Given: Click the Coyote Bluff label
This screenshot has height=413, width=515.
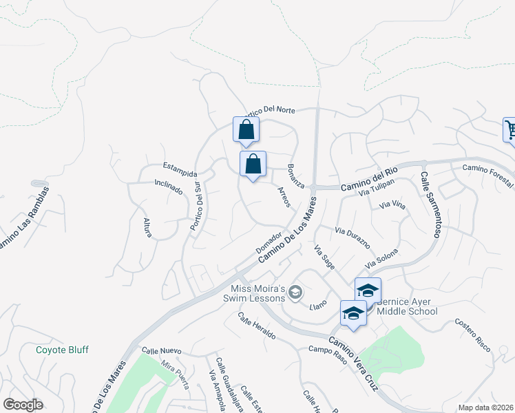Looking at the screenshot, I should (62, 350).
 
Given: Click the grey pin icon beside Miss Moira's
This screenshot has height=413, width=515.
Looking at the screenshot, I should (295, 293).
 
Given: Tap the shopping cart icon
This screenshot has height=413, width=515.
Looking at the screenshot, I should (510, 129).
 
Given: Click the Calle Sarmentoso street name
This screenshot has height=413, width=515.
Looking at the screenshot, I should (430, 205).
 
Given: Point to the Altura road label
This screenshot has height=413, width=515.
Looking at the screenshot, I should (147, 227).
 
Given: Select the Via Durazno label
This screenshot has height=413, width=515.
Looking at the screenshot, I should (353, 237).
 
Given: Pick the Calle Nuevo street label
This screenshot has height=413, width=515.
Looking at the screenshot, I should (161, 351).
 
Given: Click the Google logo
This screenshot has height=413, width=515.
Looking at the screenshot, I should (23, 405).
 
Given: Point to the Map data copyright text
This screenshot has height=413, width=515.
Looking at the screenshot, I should (485, 407).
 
